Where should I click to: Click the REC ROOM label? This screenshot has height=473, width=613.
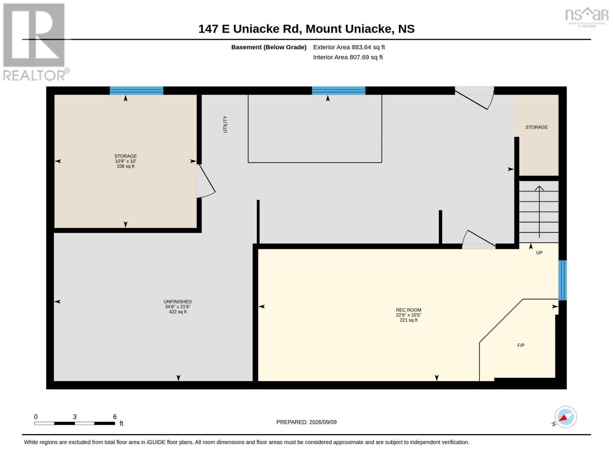(x=409, y=310)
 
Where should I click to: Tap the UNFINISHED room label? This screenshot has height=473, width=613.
(x=178, y=302)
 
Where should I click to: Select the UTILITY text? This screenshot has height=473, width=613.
(x=225, y=124)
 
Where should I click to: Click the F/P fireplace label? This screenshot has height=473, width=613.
(x=521, y=345)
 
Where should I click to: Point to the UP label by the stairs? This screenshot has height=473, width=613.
(x=539, y=253)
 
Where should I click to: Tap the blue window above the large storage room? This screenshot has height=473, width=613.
(x=137, y=91)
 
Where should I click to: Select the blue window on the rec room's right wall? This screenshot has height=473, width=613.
(x=562, y=280)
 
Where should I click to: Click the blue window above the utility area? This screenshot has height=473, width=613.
(x=339, y=91)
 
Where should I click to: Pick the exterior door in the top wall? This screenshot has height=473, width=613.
(x=474, y=98)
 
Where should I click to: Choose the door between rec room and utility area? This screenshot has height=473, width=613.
(x=479, y=240)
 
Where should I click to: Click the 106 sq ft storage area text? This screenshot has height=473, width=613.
(x=126, y=166)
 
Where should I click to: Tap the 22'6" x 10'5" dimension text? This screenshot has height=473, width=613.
(x=409, y=315)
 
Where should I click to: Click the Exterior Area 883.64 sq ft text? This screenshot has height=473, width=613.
(x=349, y=47)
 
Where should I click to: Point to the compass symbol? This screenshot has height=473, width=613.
(x=565, y=417)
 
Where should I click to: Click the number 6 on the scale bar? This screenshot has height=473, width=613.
(x=115, y=417)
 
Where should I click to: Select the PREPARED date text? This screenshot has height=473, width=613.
(x=306, y=422)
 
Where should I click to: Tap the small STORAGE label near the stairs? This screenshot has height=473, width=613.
(x=536, y=127)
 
